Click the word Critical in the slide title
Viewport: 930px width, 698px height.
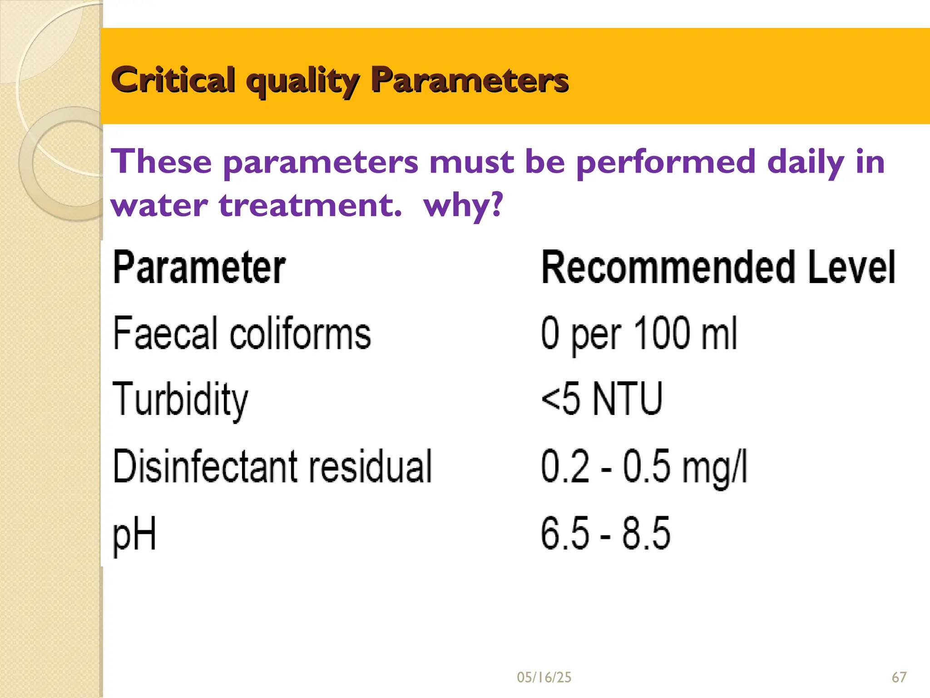[x=173, y=80]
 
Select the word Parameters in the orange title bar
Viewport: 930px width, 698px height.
[x=470, y=80]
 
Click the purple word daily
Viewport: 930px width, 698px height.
[x=805, y=162]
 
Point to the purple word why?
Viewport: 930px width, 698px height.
[x=463, y=206]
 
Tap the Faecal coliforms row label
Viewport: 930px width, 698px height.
[x=242, y=334]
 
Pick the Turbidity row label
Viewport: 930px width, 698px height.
[x=180, y=400]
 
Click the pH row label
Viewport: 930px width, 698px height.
[x=134, y=534]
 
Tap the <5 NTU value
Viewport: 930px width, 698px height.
[x=602, y=399]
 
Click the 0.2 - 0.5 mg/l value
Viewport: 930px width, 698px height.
[x=644, y=467]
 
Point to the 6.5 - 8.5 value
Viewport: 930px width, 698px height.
[x=605, y=533]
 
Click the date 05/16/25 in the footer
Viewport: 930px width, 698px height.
[x=544, y=678]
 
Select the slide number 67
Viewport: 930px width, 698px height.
[x=899, y=678]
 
